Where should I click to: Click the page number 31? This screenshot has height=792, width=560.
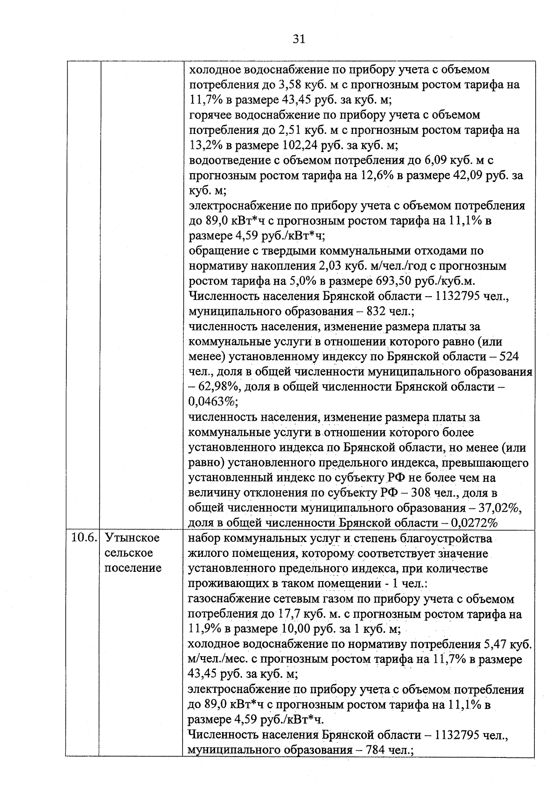pos(299,39)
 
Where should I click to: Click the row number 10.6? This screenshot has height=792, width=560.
pos(83,538)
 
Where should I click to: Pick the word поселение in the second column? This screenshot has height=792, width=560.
pos(133,568)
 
